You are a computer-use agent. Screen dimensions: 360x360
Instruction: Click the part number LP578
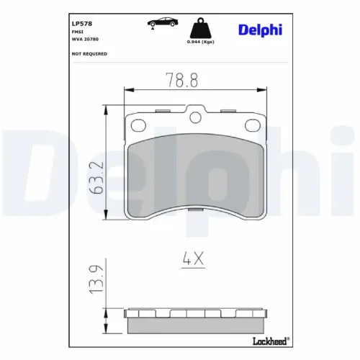tap(82, 24)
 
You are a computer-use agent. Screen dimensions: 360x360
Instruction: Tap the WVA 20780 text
tap(85, 39)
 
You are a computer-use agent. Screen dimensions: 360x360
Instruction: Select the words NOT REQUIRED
tap(89, 54)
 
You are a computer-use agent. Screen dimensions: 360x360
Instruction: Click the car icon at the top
tap(163, 22)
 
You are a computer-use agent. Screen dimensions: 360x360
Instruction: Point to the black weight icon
tap(201, 28)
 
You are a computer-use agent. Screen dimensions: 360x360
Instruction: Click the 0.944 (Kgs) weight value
tap(201, 42)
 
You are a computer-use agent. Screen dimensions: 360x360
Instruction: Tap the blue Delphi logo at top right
tap(260, 30)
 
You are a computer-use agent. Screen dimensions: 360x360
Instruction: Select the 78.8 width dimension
tap(182, 80)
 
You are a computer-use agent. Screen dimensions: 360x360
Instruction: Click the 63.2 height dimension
tap(96, 178)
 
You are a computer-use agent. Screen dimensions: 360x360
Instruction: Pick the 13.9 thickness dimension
tap(96, 279)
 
